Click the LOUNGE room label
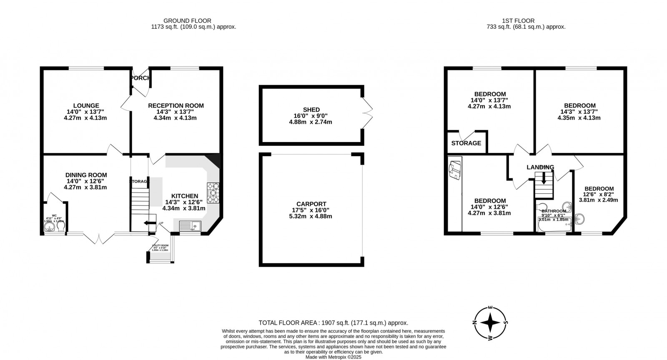(85, 106)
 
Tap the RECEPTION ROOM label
(176, 106)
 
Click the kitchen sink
(190, 226)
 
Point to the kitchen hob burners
(213, 193)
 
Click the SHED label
(311, 110)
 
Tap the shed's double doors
(367, 112)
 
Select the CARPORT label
(311, 204)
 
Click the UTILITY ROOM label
(160, 245)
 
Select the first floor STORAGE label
(466, 143)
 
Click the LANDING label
(540, 167)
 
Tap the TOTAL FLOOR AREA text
(333, 322)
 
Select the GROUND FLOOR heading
(187, 20)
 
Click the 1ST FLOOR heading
(518, 20)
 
